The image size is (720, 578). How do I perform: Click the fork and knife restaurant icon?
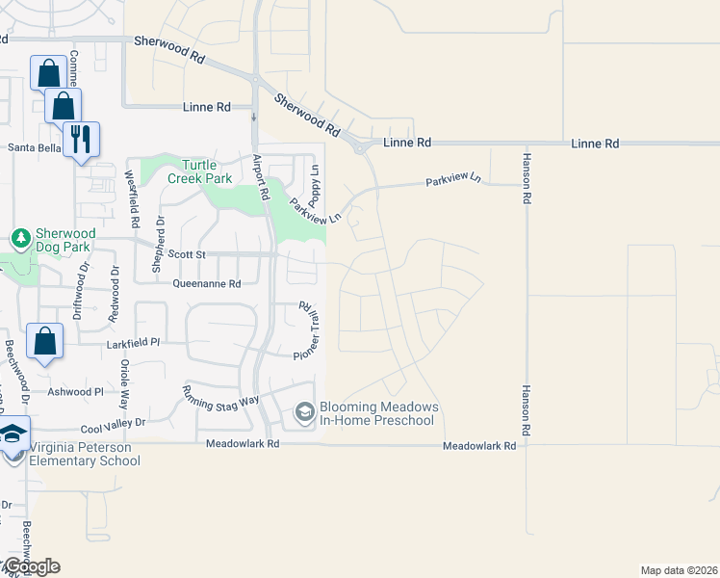click(79, 140)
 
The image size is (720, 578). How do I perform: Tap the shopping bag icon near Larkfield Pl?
click(44, 341)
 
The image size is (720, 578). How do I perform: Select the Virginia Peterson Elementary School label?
click(85, 454)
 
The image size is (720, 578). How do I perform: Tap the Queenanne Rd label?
click(206, 283)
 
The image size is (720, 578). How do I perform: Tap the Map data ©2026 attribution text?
click(679, 570)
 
